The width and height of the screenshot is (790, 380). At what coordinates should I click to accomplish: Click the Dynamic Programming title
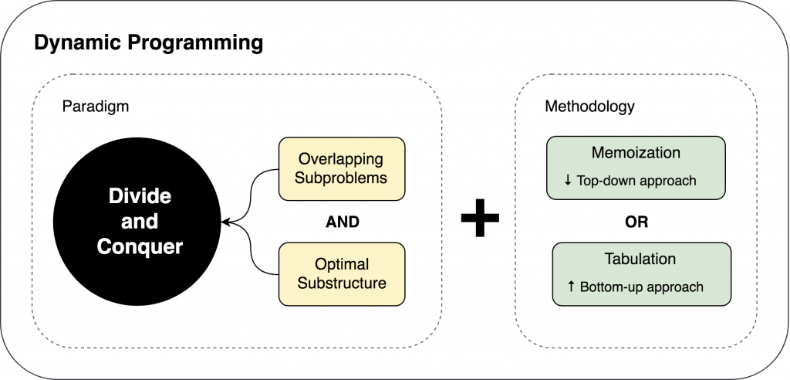[x=148, y=42]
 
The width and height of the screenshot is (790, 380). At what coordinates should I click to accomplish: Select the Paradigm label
[x=95, y=107]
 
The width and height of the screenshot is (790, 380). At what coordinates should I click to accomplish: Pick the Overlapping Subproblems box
[x=342, y=168]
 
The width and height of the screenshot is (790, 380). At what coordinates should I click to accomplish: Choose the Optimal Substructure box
[x=342, y=273]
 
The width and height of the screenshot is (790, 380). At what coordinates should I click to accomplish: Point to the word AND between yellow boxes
[x=342, y=222]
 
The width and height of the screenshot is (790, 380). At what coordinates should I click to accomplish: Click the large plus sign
[x=480, y=222]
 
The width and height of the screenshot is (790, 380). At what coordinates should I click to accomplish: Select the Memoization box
[x=636, y=166]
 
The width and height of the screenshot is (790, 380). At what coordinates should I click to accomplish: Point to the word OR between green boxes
[x=636, y=222]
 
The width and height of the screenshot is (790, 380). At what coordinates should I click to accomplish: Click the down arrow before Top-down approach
[x=568, y=181]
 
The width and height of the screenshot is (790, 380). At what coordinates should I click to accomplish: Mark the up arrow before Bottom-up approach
[x=571, y=287]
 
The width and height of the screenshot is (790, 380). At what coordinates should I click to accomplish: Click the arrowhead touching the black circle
[x=225, y=222]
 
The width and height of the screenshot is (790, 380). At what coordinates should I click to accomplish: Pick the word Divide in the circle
[x=140, y=196]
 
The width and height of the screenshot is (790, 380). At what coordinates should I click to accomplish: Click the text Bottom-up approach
[x=641, y=287]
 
